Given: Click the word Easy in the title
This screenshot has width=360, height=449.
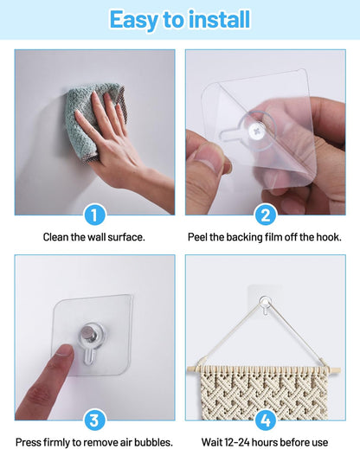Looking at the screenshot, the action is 133,20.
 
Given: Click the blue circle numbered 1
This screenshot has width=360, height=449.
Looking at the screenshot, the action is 94,215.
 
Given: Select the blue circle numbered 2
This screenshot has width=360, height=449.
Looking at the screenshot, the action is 265,215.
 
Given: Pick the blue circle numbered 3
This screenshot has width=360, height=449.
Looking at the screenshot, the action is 94,420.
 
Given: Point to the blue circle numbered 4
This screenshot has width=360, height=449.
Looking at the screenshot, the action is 265,420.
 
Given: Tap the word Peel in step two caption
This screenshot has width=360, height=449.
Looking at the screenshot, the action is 197,237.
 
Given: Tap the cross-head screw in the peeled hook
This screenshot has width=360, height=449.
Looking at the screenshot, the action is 255,131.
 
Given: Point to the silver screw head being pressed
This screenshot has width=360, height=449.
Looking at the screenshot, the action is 89,333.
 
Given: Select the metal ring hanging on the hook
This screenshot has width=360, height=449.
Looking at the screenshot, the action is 265,302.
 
